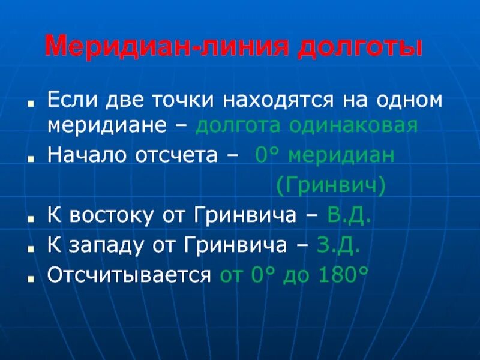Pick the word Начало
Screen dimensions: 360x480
[x=83, y=155]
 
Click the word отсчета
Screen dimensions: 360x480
[x=174, y=155]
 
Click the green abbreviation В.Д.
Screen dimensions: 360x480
[x=350, y=215]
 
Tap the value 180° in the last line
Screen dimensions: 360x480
[x=344, y=275]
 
